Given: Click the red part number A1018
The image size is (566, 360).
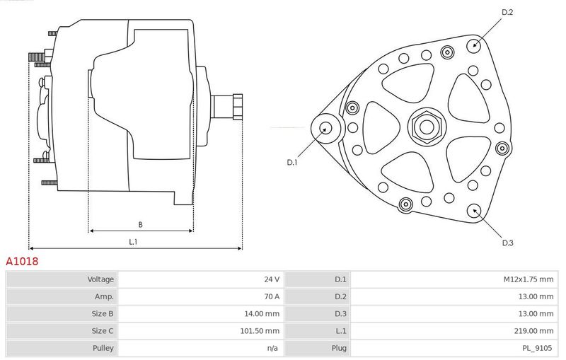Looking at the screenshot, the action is pyautogui.click(x=22, y=261).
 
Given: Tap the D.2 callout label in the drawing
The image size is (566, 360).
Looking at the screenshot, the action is pyautogui.click(x=507, y=12).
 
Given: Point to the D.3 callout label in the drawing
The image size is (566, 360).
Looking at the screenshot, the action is pyautogui.click(x=507, y=243).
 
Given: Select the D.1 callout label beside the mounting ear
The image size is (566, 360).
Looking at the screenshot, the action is pyautogui.click(x=292, y=163).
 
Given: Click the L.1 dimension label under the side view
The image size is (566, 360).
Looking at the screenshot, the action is pyautogui.click(x=133, y=242).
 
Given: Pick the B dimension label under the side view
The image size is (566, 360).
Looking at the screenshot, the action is pyautogui.click(x=140, y=225).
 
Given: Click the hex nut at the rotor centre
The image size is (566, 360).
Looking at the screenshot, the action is pyautogui.click(x=427, y=127).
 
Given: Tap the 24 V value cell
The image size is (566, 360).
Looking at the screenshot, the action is pyautogui.click(x=272, y=279).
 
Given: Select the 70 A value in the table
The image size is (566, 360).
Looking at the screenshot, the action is pyautogui.click(x=272, y=296).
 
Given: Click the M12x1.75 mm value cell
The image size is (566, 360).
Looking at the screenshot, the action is pyautogui.click(x=529, y=279).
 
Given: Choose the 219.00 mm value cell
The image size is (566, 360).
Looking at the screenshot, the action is pyautogui.click(x=533, y=331).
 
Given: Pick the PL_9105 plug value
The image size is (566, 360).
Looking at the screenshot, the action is pyautogui.click(x=538, y=348).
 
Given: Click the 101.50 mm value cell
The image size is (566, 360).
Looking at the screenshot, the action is pyautogui.click(x=260, y=331).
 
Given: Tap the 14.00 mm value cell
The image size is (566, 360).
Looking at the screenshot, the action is pyautogui.click(x=262, y=314).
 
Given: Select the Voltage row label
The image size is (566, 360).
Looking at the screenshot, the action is pyautogui.click(x=100, y=279).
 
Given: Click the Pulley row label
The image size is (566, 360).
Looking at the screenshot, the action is pyautogui.click(x=103, y=348).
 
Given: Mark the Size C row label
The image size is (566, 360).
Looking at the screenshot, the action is pyautogui.click(x=103, y=331).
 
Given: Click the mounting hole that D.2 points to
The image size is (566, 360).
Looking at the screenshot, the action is pyautogui.click(x=474, y=45).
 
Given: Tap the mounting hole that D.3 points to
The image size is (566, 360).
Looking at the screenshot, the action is pyautogui.click(x=474, y=211).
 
